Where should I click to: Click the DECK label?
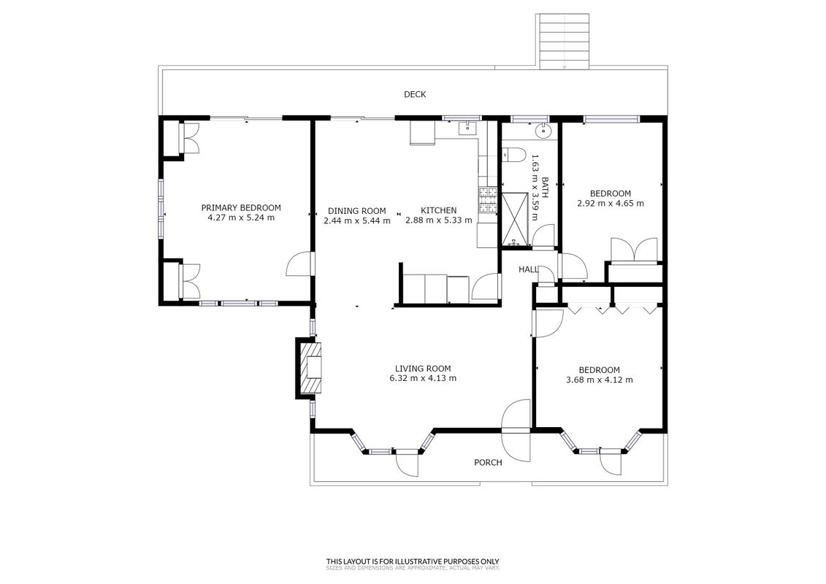click(x=415, y=94)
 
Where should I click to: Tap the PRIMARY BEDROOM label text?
click(x=241, y=207)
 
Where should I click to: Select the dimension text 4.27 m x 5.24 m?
click(x=241, y=218)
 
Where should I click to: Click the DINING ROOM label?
click(x=356, y=211)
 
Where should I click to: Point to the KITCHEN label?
click(x=438, y=211)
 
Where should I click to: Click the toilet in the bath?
click(x=513, y=155)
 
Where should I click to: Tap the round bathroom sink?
click(x=543, y=131)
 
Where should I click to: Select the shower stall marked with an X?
click(x=514, y=220)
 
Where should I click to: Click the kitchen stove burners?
click(x=488, y=201)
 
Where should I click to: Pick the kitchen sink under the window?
click(x=467, y=128)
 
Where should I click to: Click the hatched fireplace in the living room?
click(x=310, y=368)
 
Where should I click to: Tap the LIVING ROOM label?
click(x=423, y=369)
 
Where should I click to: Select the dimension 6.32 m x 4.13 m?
click(x=423, y=378)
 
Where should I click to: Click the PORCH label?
click(x=488, y=462)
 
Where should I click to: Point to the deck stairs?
click(x=564, y=41)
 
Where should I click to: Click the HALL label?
click(x=528, y=269)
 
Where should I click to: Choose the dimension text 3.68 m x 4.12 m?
click(x=600, y=380)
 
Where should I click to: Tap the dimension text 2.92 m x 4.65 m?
click(x=611, y=203)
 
